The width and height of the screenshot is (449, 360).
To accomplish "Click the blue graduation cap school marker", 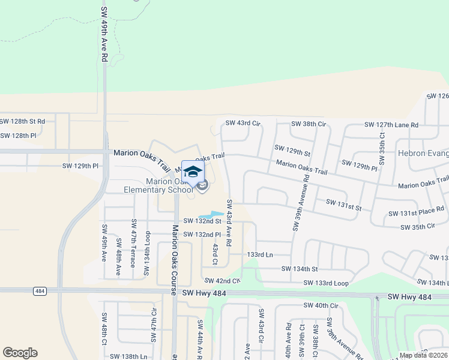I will (193, 172).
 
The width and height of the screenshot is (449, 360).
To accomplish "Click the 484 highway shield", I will (40, 291).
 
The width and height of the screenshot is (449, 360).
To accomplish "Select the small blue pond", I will (211, 215).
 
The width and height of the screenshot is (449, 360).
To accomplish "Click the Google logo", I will (20, 353).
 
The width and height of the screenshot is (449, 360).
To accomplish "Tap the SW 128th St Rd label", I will (23, 121).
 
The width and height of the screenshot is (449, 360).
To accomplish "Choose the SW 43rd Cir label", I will (243, 124).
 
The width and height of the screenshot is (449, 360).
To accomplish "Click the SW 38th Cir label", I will (308, 124).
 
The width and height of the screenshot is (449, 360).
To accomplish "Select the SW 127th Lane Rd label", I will (391, 125).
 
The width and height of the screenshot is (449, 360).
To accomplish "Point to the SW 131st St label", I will (343, 205).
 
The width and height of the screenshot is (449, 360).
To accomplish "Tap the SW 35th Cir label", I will (417, 227).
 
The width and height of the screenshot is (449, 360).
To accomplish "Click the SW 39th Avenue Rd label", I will (301, 202).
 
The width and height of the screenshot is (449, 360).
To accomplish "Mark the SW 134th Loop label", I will (146, 256).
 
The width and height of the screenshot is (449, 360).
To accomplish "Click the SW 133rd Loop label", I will (326, 283).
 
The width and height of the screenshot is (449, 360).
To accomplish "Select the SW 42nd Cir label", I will (222, 281).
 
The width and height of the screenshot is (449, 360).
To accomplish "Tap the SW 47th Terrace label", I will (133, 256).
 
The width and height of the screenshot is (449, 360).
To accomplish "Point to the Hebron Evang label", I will (423, 153).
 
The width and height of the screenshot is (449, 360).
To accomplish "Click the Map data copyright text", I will (423, 355).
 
